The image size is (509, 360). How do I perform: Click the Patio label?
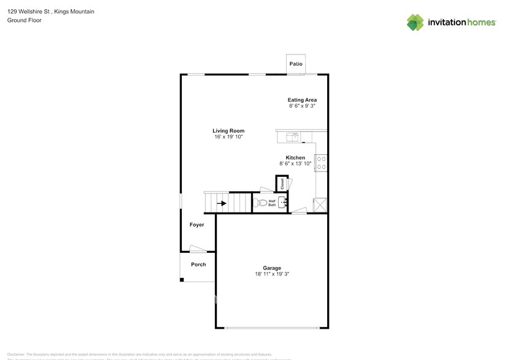pyautogui.click(x=296, y=64)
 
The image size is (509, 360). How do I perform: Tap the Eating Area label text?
pyautogui.click(x=302, y=100)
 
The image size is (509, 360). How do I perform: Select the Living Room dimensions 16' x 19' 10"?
pyautogui.click(x=228, y=137)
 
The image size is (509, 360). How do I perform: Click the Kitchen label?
pyautogui.click(x=295, y=157)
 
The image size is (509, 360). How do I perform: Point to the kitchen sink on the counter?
pyautogui.click(x=293, y=137)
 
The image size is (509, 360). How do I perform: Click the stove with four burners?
pyautogui.click(x=322, y=162)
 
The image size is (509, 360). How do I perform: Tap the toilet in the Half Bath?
pyautogui.click(x=262, y=203)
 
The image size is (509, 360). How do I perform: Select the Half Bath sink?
pyautogui.click(x=283, y=202)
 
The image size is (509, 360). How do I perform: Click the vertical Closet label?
pyautogui.click(x=282, y=183)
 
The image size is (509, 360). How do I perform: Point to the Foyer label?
pyautogui.click(x=197, y=225)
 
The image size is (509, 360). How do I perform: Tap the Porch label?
pyautogui.click(x=198, y=264)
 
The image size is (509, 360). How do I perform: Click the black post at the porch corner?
pyautogui.click(x=181, y=280)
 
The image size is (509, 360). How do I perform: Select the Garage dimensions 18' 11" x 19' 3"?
pyautogui.click(x=272, y=274)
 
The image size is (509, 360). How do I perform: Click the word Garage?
pyautogui.click(x=272, y=268)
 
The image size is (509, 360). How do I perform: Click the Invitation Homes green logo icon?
pyautogui.click(x=415, y=23)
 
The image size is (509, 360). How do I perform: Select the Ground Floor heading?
pyautogui.click(x=24, y=20)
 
